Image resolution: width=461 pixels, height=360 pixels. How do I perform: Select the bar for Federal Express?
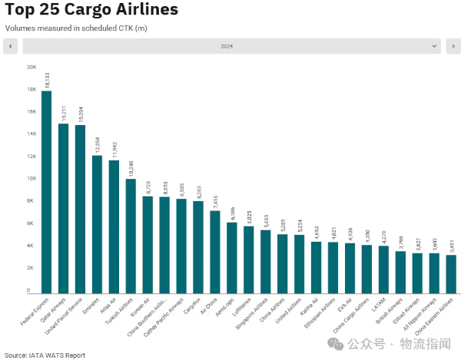coord(46,192)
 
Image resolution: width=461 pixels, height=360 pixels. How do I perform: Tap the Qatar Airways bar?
coord(63,207)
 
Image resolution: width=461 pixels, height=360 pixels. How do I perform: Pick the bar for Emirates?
coord(98,223)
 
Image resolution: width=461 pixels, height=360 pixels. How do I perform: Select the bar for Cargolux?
coord(198,246)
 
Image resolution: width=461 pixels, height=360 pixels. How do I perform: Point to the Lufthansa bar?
coord(249,258)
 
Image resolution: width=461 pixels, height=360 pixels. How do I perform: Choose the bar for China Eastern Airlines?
coord(450,272)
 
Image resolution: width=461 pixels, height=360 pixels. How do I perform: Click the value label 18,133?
coord(47,81)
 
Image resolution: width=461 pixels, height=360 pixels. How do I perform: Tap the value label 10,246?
coord(131,168)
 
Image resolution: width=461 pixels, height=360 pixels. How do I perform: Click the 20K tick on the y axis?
coord(32,68)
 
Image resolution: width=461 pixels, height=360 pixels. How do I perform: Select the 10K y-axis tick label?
coord(32,179)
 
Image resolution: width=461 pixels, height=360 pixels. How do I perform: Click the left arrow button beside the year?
coord(11,47)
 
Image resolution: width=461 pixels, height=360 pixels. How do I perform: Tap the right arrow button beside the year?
coord(453,47)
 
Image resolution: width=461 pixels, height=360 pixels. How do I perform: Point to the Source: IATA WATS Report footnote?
coord(44,355)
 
